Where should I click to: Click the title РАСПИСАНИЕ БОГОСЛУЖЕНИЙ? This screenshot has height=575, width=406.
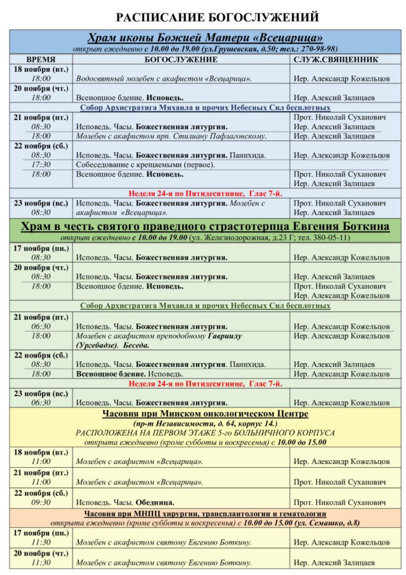coord(217,17)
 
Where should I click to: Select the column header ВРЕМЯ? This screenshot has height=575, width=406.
coord(41,59)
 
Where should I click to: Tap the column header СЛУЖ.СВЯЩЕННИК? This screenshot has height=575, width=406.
coord(336,59)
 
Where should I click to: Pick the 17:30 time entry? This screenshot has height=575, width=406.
coord(41,165)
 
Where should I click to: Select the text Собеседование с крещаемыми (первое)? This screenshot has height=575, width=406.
coord(146,165)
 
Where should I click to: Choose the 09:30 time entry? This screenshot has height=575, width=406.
coord(41,502)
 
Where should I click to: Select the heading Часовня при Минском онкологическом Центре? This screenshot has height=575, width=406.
coord(205,414)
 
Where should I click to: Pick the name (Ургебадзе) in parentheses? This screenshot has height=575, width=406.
coord(95,345)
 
